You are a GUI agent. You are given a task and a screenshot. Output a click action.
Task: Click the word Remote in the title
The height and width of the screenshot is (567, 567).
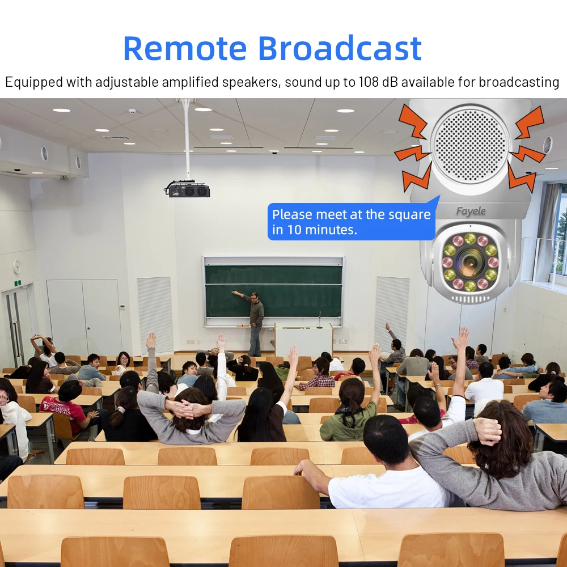click(185, 48)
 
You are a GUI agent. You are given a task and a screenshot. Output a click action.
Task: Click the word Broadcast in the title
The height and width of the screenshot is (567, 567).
click(340, 48)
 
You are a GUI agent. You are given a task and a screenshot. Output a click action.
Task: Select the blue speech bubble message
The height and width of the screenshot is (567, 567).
click(352, 221)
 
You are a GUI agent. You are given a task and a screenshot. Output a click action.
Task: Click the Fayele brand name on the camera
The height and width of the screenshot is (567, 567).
click(471, 211)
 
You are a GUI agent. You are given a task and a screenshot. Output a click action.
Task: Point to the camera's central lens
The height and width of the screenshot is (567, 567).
click(470, 261)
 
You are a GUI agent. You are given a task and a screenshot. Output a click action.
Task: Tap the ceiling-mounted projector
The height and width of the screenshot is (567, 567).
click(187, 189)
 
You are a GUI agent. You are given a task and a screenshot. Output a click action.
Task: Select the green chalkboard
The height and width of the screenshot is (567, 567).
click(273, 291)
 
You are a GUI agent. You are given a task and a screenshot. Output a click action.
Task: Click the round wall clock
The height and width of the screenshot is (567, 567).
click(16, 266)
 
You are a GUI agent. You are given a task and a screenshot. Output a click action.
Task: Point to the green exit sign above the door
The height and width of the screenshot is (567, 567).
click(18, 283)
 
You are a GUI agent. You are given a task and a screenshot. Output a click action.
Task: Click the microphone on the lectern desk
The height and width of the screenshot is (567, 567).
click(319, 319)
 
